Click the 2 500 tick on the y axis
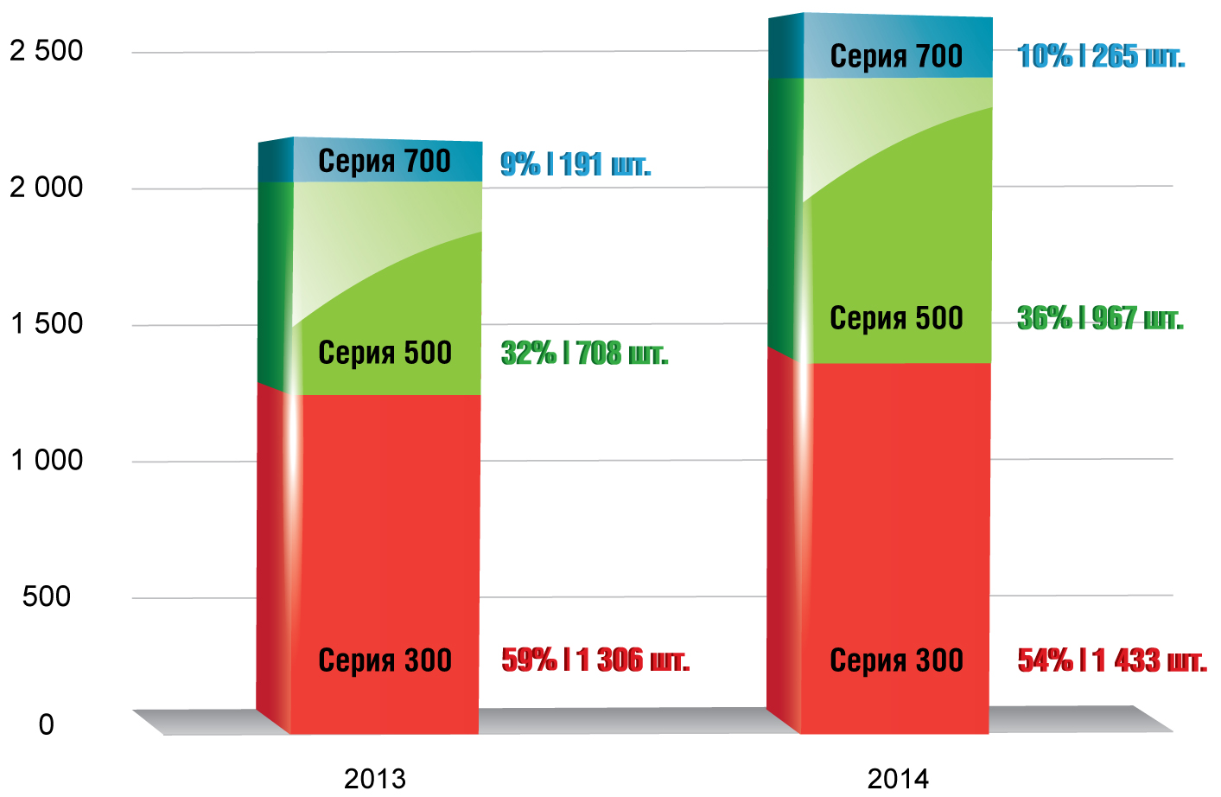click(47, 51)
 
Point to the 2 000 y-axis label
click(47, 187)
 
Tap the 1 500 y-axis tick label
click(47, 323)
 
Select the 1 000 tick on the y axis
click(47, 460)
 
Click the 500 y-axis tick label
click(47, 596)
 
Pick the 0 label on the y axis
click(47, 724)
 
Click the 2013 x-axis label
click(375, 778)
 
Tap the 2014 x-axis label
click(898, 778)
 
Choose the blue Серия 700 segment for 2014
click(896, 48)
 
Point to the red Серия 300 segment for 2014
click(896, 545)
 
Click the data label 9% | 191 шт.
click(576, 164)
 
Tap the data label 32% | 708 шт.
click(585, 353)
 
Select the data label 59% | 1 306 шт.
click(595, 660)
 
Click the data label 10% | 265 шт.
click(1101, 56)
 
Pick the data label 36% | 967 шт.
click(1100, 318)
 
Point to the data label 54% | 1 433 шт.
click(1112, 660)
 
